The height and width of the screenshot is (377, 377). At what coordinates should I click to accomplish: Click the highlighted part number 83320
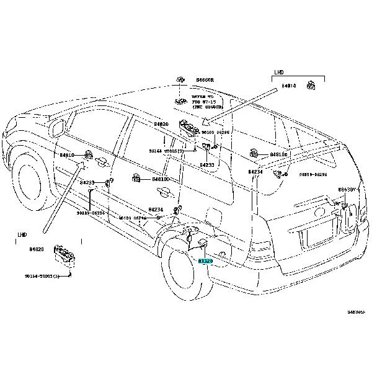[x=206, y=262]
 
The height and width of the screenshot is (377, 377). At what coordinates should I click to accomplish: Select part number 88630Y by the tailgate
[x=348, y=190]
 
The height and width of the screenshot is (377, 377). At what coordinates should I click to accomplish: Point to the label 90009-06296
[x=313, y=175]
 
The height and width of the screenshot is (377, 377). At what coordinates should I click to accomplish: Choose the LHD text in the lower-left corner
[x=23, y=235]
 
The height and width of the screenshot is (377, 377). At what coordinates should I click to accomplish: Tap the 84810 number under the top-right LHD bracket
[x=288, y=86]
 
